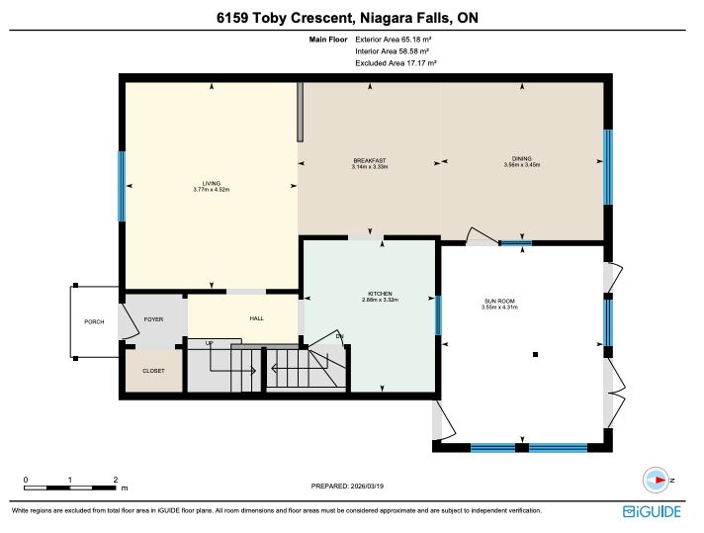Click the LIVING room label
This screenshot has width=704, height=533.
(211, 184)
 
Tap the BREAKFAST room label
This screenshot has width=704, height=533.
(370, 161)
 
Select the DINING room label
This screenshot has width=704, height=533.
(522, 159)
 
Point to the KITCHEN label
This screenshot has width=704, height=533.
(381, 294)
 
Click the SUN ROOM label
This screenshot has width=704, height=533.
(499, 302)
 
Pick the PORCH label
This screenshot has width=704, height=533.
(94, 322)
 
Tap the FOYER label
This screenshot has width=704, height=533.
(153, 319)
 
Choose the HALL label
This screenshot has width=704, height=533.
(257, 318)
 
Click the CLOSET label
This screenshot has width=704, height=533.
(153, 371)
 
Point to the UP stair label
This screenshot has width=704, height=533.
(210, 343)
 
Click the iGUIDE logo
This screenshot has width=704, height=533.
(652, 512)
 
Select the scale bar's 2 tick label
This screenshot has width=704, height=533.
(116, 480)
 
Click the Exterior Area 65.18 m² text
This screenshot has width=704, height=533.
(394, 40)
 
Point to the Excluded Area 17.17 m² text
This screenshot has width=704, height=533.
(396, 63)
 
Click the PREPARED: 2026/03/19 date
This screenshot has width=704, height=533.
(347, 487)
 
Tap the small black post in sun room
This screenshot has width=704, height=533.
(535, 355)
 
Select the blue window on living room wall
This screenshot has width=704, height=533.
(122, 186)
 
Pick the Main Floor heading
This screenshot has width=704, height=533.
(328, 40)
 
